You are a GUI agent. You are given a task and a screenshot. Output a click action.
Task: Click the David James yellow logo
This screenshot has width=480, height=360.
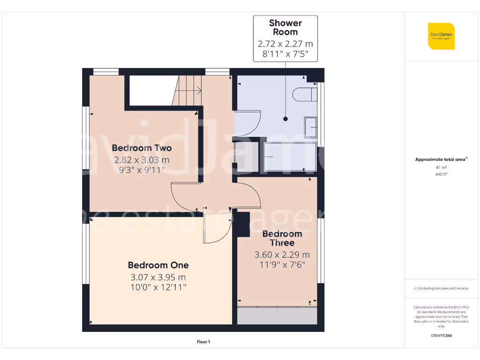(441, 36)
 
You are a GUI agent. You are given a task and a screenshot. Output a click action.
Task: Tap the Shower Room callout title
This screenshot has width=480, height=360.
(285, 28)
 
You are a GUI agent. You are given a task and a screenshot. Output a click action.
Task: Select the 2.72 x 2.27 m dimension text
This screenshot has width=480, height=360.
(285, 44)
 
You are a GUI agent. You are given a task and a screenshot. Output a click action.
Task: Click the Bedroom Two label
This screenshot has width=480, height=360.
(142, 148)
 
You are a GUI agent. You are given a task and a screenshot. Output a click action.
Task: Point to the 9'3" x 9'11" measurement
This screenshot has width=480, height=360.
(142, 170)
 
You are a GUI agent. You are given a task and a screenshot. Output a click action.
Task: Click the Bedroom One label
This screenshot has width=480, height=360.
(158, 265)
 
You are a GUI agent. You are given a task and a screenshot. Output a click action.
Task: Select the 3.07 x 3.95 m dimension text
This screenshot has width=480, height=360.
(158, 277)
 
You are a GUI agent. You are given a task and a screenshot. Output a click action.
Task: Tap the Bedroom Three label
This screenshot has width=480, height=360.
(282, 238)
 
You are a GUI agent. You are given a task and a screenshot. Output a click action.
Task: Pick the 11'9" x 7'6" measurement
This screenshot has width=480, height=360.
(282, 265)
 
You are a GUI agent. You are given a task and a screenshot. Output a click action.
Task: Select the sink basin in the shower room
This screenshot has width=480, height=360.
(310, 127)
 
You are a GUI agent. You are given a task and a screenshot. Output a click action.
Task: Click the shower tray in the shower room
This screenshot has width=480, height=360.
(290, 157)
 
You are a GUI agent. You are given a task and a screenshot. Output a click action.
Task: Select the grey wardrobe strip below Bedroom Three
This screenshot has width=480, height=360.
(277, 316)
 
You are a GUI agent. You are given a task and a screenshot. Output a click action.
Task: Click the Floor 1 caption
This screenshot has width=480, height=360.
(203, 342)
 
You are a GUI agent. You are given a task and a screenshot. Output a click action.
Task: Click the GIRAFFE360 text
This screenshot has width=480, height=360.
(441, 336)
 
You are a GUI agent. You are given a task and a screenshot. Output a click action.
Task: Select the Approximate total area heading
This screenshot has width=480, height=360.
(441, 159)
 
